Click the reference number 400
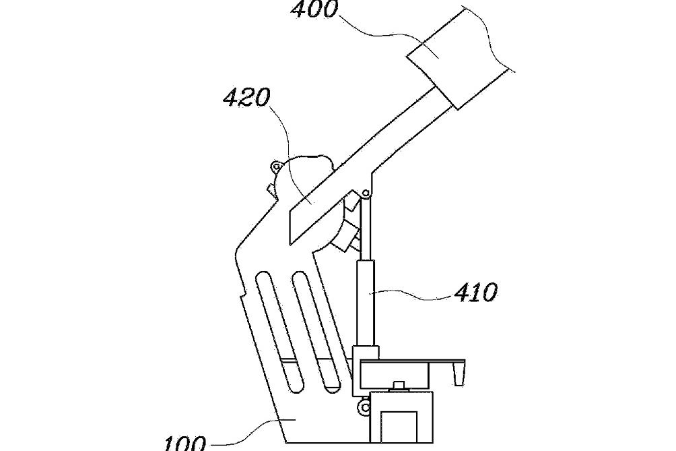(314, 9)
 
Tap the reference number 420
(246, 98)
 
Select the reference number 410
(475, 293)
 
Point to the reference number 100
(186, 444)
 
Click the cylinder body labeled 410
(365, 303)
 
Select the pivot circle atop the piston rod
(366, 193)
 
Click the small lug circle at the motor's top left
(276, 166)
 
